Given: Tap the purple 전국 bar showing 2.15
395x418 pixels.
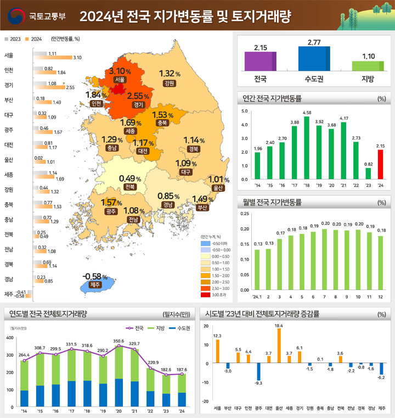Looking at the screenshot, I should pyautogui.click(x=260, y=61).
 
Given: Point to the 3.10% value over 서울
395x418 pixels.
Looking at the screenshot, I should pyautogui.click(x=121, y=71).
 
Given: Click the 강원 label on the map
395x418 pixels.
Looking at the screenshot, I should pyautogui.click(x=169, y=83).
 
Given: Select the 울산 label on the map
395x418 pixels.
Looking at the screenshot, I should pyautogui.click(x=218, y=188).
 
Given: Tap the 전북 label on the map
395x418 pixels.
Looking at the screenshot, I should pyautogui.click(x=130, y=187).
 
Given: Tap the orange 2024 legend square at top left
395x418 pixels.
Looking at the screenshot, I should pyautogui.click(x=27, y=39).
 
